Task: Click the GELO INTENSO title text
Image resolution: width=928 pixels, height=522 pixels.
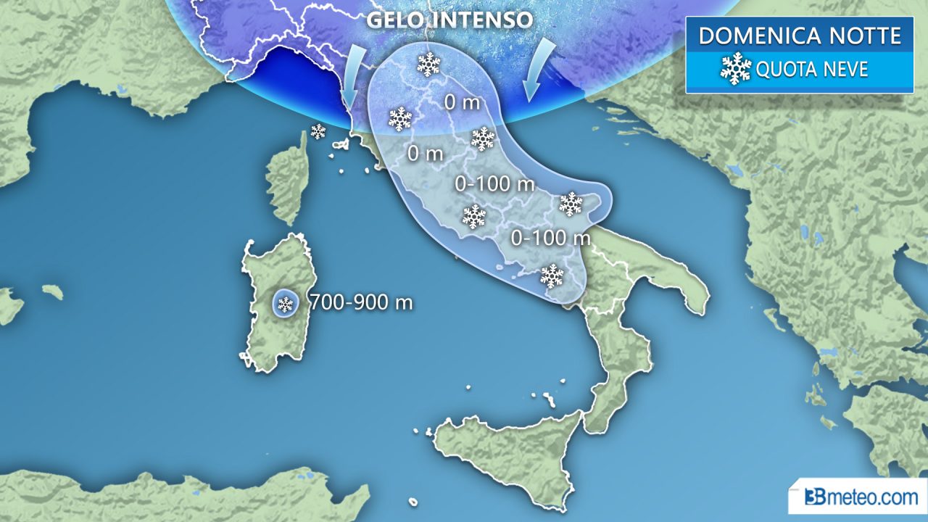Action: coord(449,19)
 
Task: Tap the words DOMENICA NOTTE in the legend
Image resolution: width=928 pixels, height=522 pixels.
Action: coord(800,36)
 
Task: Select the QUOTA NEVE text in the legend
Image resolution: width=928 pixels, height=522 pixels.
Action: coord(812,70)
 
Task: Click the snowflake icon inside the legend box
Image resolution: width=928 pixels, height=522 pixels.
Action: coord(736,68)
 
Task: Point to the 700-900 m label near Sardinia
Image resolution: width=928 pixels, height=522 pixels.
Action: coord(361,302)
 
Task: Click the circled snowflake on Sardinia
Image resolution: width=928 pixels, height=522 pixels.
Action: coord(286,304)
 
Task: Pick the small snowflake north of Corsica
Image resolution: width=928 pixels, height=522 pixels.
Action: coord(318,131)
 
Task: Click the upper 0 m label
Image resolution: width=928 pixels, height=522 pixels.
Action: coord(462,102)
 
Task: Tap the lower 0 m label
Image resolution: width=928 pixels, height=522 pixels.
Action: coord(425,154)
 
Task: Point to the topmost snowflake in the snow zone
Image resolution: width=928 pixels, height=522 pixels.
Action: coord(428,65)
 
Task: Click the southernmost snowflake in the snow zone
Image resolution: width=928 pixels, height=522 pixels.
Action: coord(552,275)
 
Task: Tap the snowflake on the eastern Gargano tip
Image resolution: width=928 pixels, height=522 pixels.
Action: coord(571,204)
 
